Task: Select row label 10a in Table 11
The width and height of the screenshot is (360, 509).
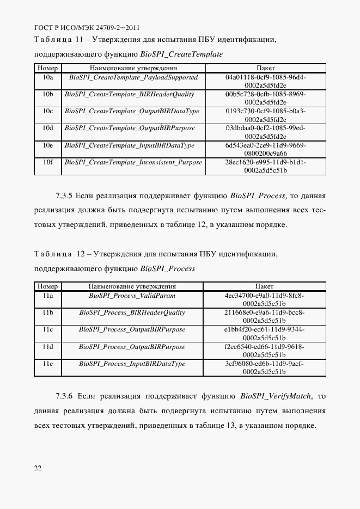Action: click(x=47, y=78)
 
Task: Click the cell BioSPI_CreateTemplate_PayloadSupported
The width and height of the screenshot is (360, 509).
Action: click(x=133, y=78)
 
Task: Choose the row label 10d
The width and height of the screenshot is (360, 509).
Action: click(x=47, y=128)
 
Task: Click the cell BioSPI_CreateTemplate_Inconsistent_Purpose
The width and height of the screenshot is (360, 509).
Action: click(x=133, y=162)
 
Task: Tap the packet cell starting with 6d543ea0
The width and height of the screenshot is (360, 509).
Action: click(x=265, y=149)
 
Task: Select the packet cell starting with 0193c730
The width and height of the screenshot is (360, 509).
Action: click(x=265, y=115)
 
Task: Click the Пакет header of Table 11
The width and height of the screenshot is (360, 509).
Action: click(x=265, y=69)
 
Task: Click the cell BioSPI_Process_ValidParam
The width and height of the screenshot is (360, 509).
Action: click(x=132, y=296)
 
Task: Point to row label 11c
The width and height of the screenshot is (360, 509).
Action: click(x=47, y=330)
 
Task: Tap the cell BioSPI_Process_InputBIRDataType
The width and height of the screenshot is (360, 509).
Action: click(x=132, y=364)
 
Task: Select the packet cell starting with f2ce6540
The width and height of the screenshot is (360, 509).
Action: click(x=264, y=351)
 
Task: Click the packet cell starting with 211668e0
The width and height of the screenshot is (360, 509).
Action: click(x=264, y=316)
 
